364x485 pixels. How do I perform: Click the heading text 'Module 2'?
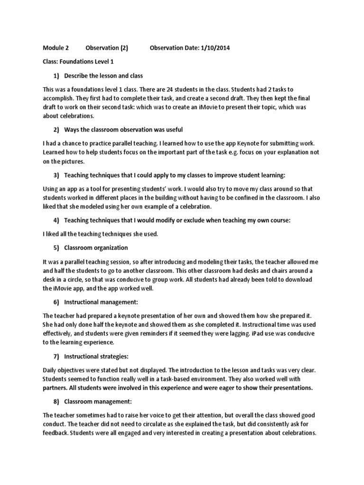[56, 48]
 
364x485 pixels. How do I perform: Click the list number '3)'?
[56, 175]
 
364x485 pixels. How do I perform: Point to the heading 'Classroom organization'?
[96, 248]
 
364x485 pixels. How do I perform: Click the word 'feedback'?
[57, 433]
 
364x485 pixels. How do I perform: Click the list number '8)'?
[56, 401]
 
